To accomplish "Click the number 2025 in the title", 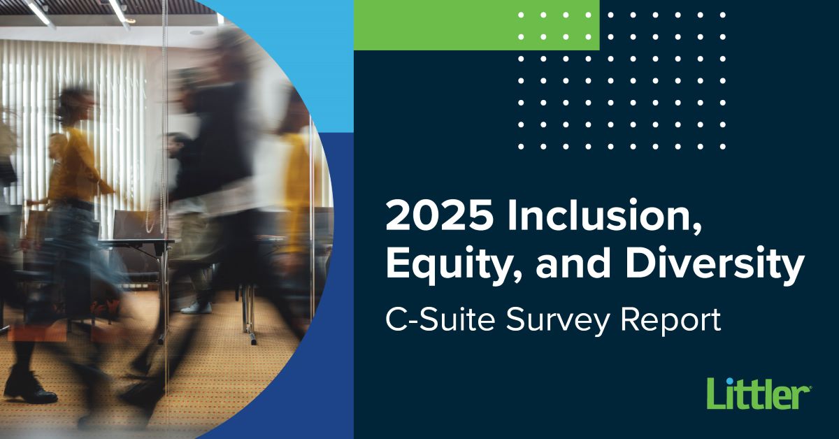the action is coord(439,217).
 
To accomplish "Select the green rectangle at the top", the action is coord(476,25).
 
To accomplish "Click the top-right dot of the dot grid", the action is coord(722,15).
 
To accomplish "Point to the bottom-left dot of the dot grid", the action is coord(521,147).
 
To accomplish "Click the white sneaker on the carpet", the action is coord(196,308).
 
